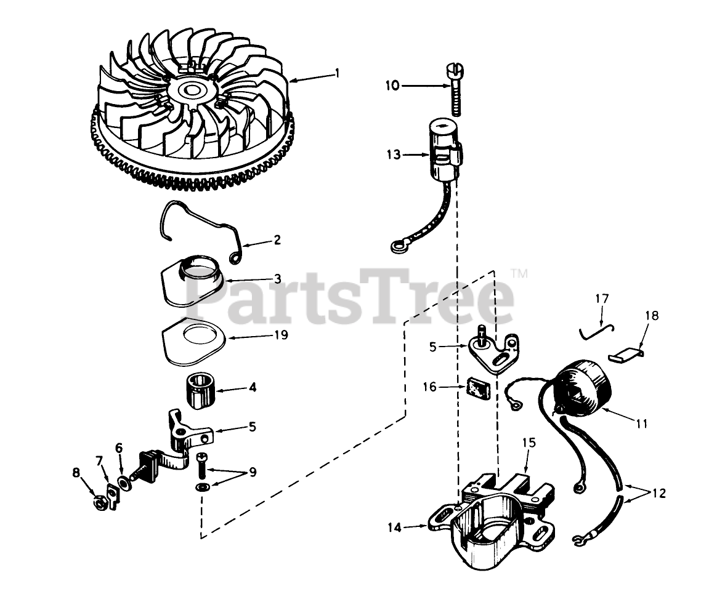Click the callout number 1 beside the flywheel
pos(337,73)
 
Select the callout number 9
pos(253,472)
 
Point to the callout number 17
pos(602,300)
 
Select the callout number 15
pos(530,443)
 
